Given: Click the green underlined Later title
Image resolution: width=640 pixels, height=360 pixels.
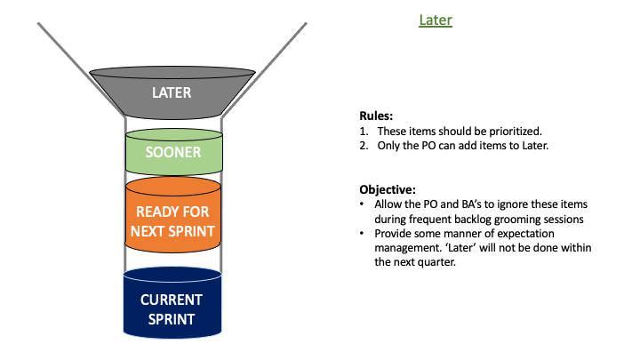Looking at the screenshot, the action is click(436, 20).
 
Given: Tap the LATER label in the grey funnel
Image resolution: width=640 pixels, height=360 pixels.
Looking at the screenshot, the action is click(172, 92).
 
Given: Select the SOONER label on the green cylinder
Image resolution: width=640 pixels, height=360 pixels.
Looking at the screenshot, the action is click(173, 152).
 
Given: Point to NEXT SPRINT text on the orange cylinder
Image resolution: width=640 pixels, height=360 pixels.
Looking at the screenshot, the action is click(172, 231).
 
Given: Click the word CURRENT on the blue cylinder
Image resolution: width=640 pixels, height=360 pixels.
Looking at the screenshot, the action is click(172, 300).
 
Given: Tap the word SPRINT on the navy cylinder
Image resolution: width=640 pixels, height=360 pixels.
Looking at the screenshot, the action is click(172, 319).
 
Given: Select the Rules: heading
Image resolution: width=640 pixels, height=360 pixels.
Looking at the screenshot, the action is click(376, 116).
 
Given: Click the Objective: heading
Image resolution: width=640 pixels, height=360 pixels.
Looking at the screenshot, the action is click(388, 190).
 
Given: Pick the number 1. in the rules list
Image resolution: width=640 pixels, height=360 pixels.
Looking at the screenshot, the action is click(364, 132).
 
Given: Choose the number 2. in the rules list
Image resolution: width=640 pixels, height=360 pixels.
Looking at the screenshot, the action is click(364, 146).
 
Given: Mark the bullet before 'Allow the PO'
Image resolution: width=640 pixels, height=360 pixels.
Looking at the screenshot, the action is click(362, 204).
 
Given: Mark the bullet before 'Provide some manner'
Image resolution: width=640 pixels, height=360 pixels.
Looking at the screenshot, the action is click(362, 234).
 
